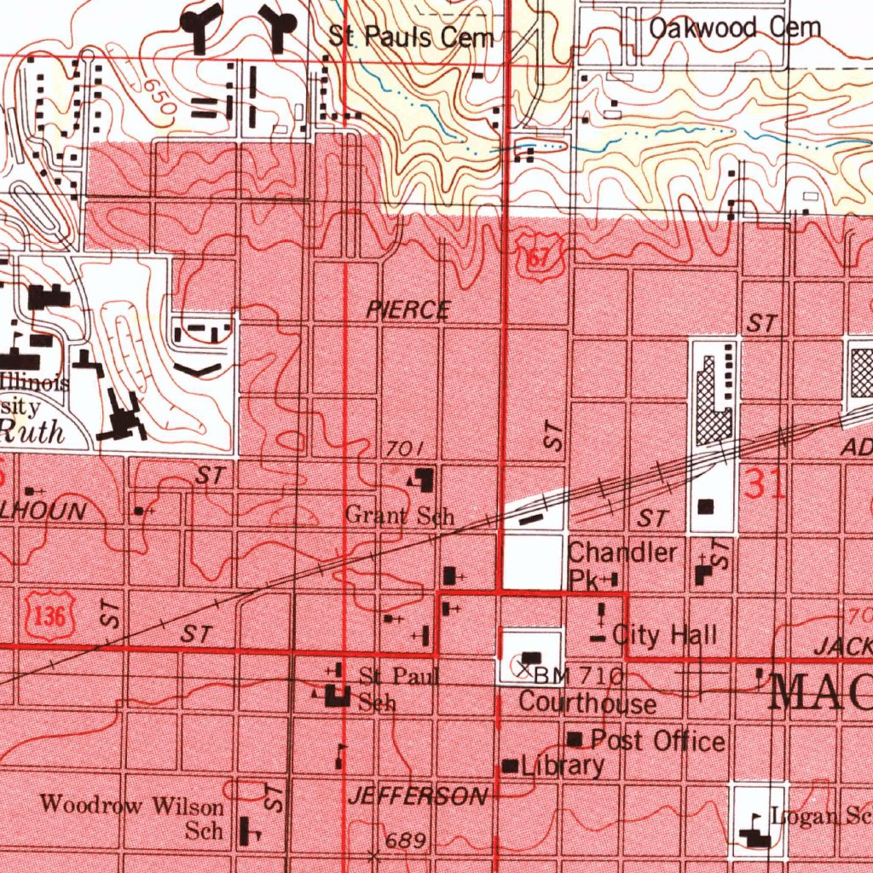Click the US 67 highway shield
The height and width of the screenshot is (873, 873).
(537, 257)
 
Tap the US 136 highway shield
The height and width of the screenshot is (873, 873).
(52, 616)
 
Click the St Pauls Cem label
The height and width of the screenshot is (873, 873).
(412, 38)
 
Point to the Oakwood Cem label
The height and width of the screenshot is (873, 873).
(735, 28)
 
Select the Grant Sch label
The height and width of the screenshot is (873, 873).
(400, 516)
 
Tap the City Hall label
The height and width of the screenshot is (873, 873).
(665, 634)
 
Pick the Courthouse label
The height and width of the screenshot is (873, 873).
(587, 703)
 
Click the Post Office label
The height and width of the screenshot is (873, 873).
(657, 740)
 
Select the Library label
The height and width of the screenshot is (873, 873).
(563, 766)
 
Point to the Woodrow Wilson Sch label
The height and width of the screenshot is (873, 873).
(132, 816)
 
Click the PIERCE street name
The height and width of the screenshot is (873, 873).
(408, 310)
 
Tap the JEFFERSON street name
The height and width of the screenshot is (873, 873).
(418, 797)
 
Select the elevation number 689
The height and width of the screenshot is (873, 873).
(406, 841)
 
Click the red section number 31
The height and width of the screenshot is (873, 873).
(765, 485)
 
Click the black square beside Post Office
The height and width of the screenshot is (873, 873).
(575, 738)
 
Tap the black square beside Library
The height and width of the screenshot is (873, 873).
(511, 766)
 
